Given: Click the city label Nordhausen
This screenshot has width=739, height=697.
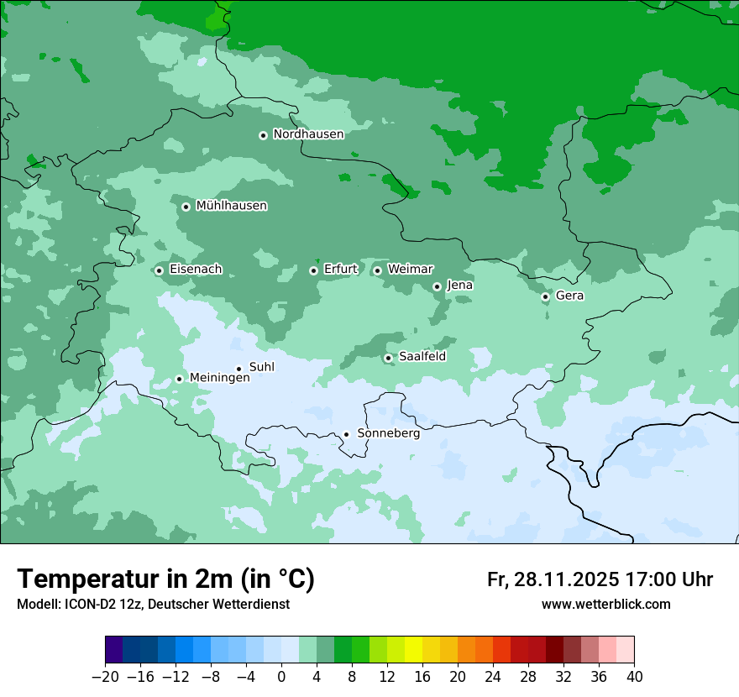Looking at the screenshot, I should point(308,134).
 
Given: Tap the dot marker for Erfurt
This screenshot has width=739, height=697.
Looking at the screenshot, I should point(313,270).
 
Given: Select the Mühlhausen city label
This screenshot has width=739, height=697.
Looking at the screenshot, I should point(231,206).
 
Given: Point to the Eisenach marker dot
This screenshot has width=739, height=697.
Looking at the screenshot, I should point(159,270).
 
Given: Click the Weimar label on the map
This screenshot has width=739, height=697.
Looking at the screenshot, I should point(410,270).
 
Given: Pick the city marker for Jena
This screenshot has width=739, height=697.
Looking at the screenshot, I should point(437,286).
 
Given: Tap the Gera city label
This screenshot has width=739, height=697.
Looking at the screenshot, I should point(569,296).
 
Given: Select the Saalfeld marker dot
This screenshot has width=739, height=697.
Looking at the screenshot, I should point(388,358).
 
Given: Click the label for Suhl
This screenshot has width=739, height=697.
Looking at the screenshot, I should point(262,367).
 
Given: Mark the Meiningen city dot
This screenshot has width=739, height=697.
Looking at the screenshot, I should point(179,379).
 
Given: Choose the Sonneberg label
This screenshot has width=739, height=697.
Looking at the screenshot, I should point(388,434).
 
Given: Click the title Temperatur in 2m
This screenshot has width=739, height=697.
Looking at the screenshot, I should point(165,579).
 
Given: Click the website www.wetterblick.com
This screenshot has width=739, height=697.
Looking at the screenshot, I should point(605,604).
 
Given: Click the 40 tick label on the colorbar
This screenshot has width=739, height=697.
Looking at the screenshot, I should point(634,676).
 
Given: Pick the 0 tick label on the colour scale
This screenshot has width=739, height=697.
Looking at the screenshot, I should point(281,676).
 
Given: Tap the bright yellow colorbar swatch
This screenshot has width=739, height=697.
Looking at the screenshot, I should point(413,650).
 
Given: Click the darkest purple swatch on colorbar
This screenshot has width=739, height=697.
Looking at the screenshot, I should point(114,650).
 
